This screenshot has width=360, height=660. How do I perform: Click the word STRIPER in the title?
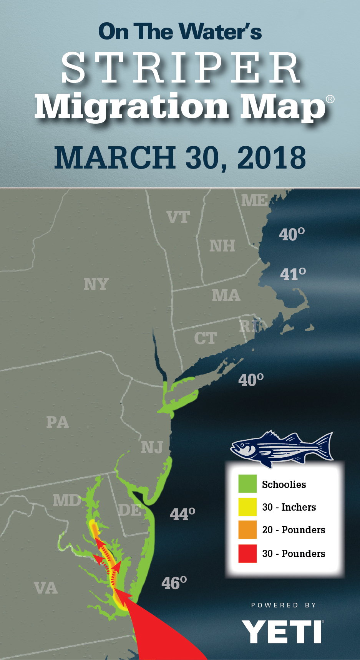coord(181,68)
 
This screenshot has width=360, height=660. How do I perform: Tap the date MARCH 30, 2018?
coord(180,158)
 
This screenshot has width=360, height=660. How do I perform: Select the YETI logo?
coord(283,632)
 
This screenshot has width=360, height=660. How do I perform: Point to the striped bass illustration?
coord(282,448)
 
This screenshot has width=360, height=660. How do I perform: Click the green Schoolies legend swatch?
coord(247,484)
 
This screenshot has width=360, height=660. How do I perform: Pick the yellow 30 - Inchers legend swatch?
coord(247,507)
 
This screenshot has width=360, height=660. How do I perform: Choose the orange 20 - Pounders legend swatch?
coord(247,530)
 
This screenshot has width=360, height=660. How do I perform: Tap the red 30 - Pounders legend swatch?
coord(247,553)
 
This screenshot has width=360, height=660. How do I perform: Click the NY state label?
coord(96,285)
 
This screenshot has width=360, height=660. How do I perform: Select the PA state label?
coord(58,422)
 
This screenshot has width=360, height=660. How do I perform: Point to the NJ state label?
coord(152,447)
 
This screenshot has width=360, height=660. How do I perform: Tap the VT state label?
coord(178,217)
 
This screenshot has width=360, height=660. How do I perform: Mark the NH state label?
coord(222,246)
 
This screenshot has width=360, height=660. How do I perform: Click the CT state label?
coord(206,338)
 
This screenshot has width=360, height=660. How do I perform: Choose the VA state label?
coord(46,588)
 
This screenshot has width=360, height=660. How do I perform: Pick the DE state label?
coord(130,510)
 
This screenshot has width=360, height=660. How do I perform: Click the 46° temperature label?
coord(174,583)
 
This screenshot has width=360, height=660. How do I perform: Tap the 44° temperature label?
coord(182,514)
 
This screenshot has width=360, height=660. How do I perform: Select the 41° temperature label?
coord(293,274)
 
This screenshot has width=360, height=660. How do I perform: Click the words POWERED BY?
coord(284,605)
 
